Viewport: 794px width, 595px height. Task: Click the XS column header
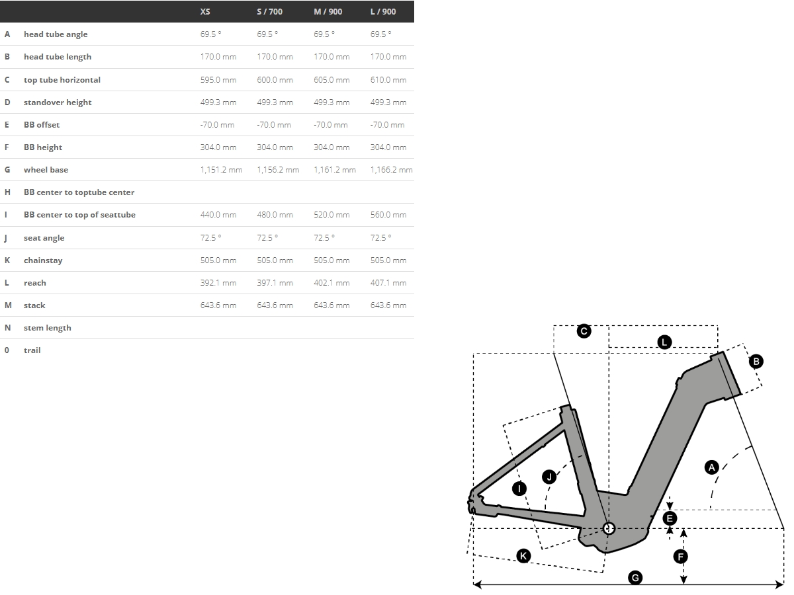[x=205, y=11]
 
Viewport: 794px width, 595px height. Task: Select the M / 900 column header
[x=328, y=11]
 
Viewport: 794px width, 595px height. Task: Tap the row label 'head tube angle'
[x=56, y=34]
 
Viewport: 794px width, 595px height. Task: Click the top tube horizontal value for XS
[x=218, y=80]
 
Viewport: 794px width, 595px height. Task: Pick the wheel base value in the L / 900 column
[x=392, y=170]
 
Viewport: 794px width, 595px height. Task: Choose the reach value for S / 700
[x=275, y=283]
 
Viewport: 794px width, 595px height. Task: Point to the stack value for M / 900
[x=331, y=305]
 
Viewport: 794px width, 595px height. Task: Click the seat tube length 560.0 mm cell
[x=388, y=215]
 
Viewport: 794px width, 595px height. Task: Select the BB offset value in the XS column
[x=218, y=125]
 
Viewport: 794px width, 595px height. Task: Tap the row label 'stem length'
[x=48, y=328]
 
